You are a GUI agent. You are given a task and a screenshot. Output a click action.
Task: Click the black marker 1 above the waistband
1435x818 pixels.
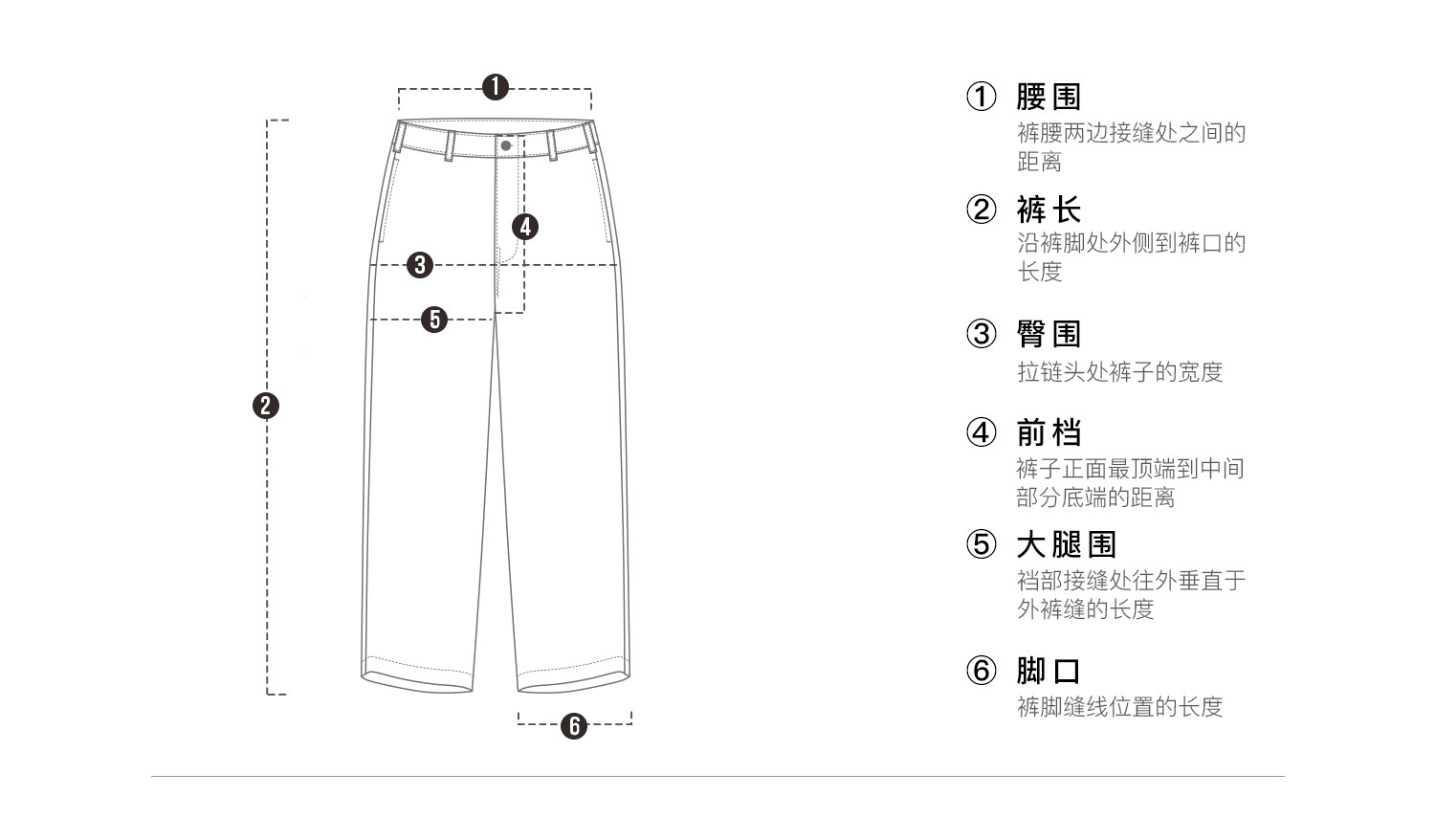point(495,87)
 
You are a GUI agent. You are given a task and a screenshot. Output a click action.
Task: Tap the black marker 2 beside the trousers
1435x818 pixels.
point(266,406)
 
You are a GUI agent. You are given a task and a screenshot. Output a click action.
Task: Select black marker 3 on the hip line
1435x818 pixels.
point(420,265)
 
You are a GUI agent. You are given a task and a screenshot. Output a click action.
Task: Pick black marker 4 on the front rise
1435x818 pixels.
point(524,227)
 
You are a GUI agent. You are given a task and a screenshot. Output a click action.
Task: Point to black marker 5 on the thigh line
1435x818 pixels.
point(435,319)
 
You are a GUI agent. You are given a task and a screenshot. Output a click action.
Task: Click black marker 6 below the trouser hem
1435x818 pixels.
point(574,725)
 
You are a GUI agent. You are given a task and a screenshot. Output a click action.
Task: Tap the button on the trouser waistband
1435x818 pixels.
point(506,145)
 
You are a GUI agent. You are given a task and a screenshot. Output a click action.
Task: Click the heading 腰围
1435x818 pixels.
point(1049,97)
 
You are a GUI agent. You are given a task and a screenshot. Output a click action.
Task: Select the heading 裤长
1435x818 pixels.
point(1049,209)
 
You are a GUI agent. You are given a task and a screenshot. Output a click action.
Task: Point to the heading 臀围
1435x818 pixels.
point(1049,334)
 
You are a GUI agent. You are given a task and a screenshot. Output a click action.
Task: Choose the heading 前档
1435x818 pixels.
point(1049,432)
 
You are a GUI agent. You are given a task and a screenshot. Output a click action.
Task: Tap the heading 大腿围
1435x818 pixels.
point(1066,544)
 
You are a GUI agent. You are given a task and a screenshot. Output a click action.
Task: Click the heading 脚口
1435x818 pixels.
point(1049,671)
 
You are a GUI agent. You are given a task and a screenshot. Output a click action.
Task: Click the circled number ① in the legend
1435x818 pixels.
point(981,97)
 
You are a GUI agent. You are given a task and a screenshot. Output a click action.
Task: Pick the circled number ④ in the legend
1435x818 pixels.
point(981,432)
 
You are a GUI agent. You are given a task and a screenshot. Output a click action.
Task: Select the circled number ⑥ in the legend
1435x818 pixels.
point(981,671)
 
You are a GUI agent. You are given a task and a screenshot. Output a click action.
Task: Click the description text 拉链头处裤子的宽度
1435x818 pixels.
point(1119,371)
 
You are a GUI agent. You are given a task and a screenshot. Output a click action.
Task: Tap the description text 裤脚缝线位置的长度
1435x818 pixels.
point(1119,707)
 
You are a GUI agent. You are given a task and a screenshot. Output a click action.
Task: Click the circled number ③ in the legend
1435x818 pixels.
point(981,334)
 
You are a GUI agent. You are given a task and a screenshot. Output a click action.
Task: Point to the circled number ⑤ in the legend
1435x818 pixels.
point(981,544)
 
